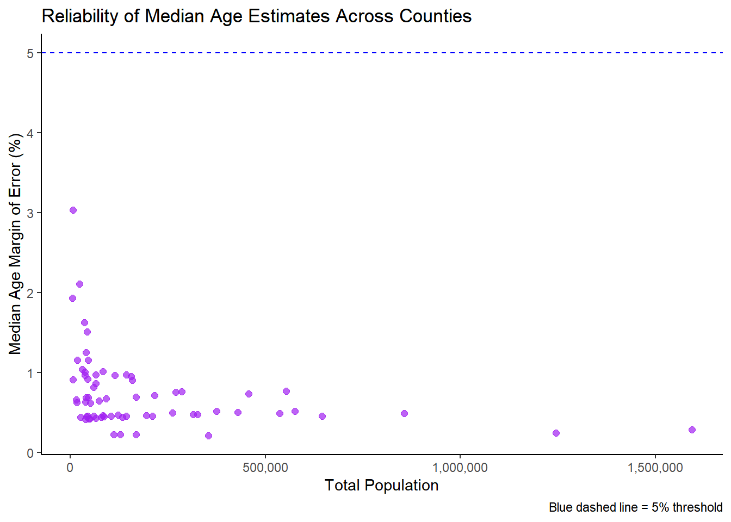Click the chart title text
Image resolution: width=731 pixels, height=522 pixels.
coord(256,16)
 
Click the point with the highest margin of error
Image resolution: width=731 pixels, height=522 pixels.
coord(73,210)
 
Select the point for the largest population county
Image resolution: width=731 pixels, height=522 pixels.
coord(692,430)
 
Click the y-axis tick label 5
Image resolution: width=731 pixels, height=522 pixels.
coord(30,53)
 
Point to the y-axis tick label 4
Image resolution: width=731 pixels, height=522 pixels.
coord(30,133)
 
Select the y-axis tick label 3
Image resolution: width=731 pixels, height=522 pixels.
coord(30,213)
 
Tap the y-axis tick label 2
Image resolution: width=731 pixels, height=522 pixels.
coord(30,293)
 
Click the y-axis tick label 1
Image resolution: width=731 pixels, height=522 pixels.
coord(30,373)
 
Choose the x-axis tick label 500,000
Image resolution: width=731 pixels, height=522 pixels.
coord(265,468)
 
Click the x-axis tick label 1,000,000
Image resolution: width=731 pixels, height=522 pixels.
coord(460,468)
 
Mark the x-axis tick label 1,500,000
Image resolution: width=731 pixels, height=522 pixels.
coord(655,468)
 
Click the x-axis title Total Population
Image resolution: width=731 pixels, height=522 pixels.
coord(381,486)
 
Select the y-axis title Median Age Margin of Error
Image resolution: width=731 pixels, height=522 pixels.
coord(15,244)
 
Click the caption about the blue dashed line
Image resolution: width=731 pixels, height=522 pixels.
coord(635,507)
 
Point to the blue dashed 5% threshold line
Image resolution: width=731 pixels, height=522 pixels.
coord(381,53)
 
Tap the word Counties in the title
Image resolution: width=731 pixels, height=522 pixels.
coord(435,16)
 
